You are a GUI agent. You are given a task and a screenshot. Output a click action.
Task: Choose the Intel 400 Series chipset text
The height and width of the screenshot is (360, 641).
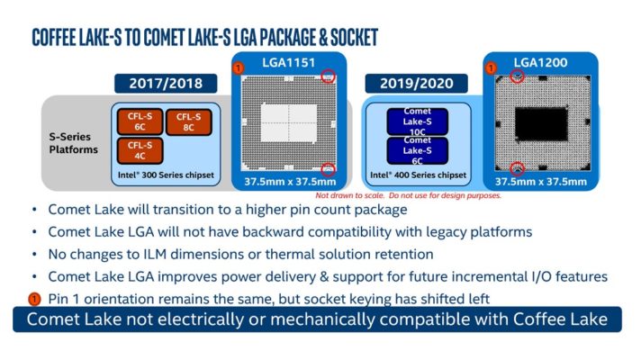click(x=419, y=175)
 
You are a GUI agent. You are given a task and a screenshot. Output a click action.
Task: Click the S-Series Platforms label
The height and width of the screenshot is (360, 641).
click(x=73, y=142)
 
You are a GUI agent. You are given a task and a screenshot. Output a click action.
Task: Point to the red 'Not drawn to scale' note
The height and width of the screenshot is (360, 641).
click(x=407, y=194)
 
